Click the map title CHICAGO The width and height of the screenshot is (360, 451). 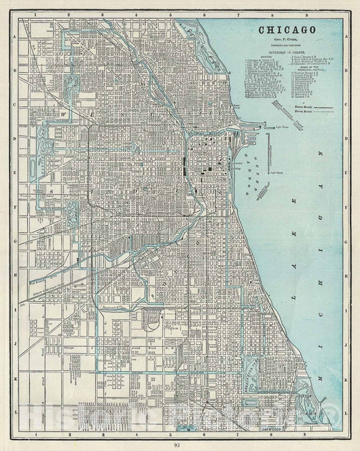pos(283,30)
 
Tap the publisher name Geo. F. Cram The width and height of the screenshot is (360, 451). pos(283,41)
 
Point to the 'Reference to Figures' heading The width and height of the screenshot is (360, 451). pos(283,52)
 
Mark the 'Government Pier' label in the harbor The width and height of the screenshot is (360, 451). pos(271,152)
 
